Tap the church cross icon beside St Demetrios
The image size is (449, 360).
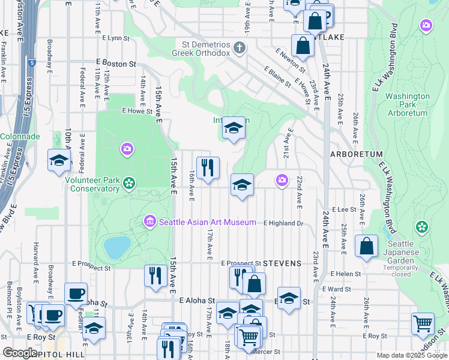point(240,47)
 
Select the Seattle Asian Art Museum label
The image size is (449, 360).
point(208,223)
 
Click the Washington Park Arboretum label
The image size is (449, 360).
point(407,104)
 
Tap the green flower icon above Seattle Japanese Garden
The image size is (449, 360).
point(422,227)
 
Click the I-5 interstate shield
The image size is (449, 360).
point(31,62)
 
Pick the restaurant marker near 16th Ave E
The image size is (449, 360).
point(208,167)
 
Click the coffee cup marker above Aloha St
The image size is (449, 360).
point(76,293)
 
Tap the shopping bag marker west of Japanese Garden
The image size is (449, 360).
point(366,246)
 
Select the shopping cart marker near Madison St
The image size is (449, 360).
point(423,323)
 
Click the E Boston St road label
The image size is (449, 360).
point(116,63)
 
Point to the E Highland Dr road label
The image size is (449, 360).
point(284,223)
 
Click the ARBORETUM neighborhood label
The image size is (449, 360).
point(356,154)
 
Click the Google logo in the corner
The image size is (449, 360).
point(20,353)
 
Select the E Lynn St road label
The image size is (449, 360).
point(116,38)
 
